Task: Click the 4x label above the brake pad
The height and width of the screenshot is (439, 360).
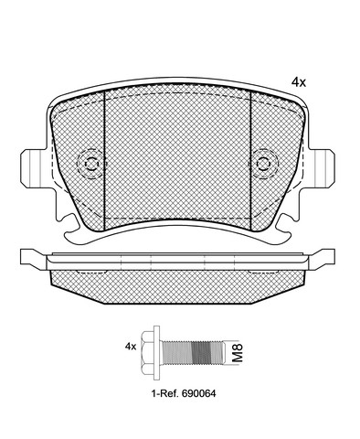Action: click(299, 82)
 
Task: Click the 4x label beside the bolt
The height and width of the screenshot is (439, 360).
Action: click(131, 347)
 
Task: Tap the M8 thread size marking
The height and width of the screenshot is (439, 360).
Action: click(238, 353)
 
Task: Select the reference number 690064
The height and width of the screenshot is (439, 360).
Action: click(198, 393)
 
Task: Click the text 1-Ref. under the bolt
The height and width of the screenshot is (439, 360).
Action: click(165, 393)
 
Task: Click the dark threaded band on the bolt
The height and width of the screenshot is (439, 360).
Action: click(201, 353)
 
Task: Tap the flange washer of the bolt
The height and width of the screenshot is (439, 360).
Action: click(157, 352)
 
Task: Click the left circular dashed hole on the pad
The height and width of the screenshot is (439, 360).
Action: click(90, 165)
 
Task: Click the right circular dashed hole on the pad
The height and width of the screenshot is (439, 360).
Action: click(264, 164)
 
